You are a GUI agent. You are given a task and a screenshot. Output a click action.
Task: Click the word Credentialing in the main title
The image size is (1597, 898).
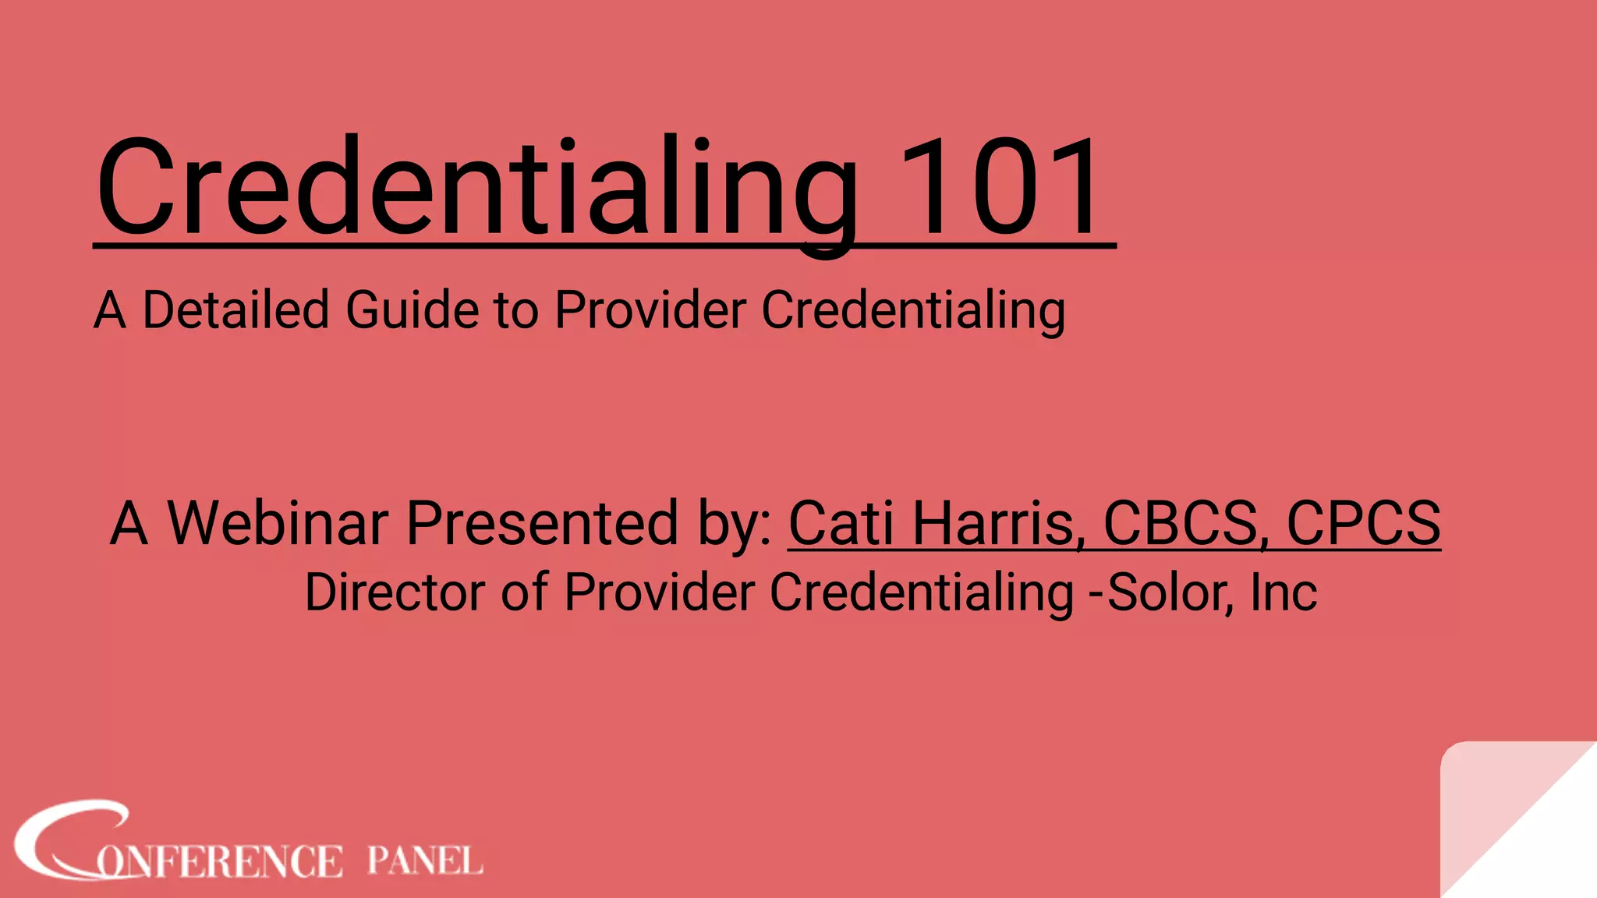[x=477, y=187]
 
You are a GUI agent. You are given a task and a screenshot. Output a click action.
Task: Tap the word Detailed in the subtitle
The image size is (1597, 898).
[x=235, y=310]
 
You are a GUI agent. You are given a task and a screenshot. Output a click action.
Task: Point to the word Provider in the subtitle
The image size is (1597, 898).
[x=650, y=310]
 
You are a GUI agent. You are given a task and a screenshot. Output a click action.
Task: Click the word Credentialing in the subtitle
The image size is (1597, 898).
[x=913, y=310]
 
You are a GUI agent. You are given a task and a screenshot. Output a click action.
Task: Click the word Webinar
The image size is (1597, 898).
[x=278, y=523]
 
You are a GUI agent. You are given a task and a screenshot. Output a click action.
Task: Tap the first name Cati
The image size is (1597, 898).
[x=841, y=523]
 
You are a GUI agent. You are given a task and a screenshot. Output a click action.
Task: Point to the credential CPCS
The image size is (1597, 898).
[x=1363, y=523]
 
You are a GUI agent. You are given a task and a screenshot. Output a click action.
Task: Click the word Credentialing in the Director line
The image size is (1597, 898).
[x=922, y=592]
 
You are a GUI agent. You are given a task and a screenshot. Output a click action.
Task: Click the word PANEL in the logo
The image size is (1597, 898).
[x=425, y=861]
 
